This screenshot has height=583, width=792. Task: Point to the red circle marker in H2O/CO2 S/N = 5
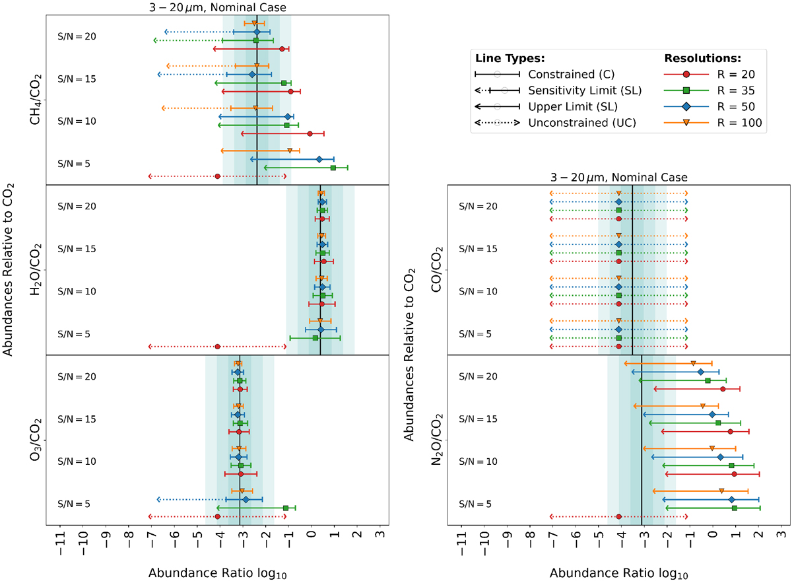point(217,346)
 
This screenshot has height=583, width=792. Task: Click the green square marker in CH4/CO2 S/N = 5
point(333,168)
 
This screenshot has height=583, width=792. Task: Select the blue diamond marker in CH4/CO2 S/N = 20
point(257,32)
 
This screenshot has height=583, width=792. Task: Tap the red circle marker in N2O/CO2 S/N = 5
point(618,516)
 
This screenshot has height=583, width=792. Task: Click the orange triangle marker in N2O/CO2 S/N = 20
point(693,363)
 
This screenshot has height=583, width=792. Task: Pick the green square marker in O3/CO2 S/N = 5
point(286,508)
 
